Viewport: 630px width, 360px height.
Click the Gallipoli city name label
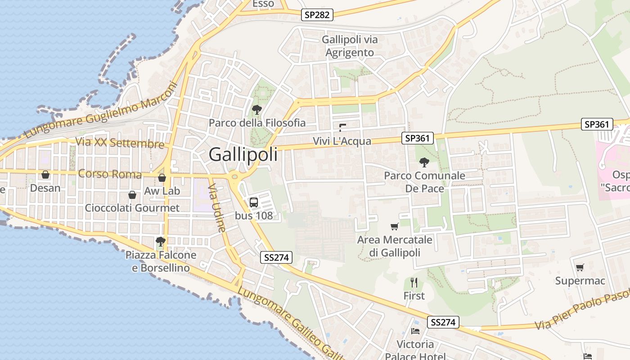[243, 155]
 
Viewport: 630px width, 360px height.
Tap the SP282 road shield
[317, 15]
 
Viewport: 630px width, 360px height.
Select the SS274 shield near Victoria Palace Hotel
[443, 322]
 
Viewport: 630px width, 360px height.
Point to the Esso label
[263, 4]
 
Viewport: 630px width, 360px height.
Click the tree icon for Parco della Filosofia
[257, 109]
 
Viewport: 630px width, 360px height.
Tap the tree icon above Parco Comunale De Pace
[424, 162]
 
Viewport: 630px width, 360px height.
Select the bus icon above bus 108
[254, 202]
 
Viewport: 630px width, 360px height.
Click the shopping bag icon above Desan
[45, 175]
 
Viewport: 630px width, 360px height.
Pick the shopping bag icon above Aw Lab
[162, 178]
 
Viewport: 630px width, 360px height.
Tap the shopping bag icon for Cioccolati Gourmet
[132, 195]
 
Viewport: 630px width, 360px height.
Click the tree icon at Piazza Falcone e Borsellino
[160, 242]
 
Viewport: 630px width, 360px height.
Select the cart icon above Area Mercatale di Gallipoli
[395, 226]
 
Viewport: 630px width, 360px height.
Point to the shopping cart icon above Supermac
[580, 267]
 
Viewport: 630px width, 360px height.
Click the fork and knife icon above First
[414, 283]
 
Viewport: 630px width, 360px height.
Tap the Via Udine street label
[217, 210]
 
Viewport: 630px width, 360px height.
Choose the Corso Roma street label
[110, 174]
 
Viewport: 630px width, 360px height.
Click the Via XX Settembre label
[120, 143]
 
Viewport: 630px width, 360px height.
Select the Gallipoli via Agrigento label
[350, 46]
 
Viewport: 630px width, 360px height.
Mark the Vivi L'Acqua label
[342, 141]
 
